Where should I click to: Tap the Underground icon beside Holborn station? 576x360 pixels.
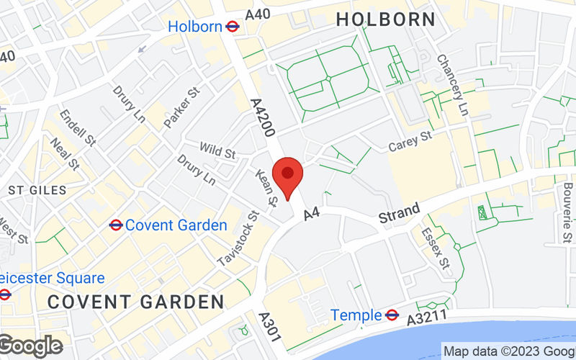(232, 27)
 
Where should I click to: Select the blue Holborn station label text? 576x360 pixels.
(194, 27)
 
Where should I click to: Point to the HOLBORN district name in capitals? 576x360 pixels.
(386, 19)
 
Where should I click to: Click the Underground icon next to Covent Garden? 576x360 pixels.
(115, 225)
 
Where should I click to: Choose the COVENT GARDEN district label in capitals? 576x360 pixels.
(136, 301)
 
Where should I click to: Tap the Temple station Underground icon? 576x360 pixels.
(392, 315)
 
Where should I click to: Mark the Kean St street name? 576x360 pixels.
(266, 189)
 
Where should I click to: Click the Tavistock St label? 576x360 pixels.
(240, 238)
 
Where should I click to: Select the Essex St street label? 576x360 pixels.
(436, 245)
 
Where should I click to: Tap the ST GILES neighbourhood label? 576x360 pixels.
(37, 190)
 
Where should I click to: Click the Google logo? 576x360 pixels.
(30, 346)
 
